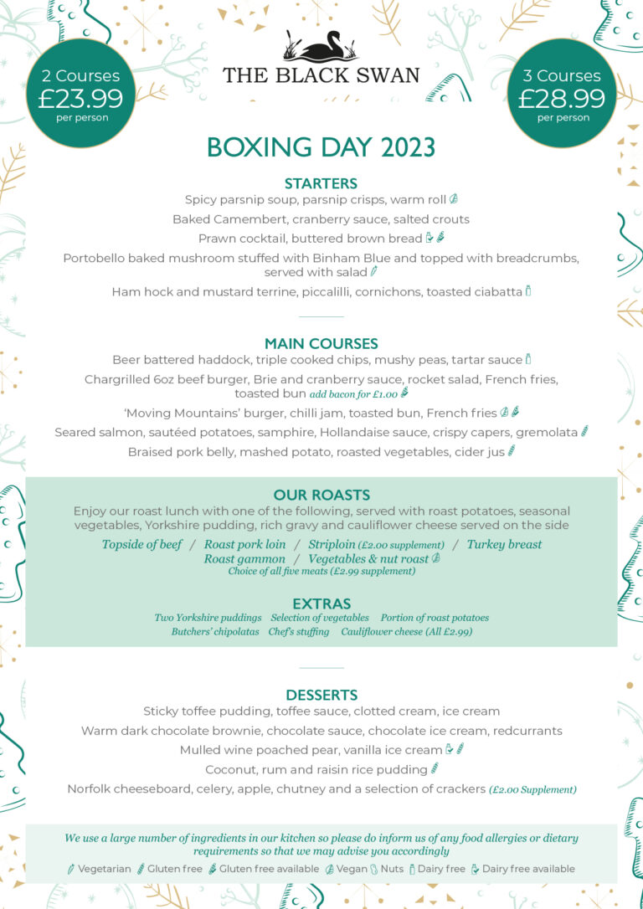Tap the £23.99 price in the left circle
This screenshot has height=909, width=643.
(80, 99)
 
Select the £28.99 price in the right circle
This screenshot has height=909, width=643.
(562, 99)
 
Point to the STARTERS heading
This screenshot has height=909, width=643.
(321, 183)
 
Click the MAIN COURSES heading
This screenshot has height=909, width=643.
(321, 343)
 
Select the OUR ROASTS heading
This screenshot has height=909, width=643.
(321, 495)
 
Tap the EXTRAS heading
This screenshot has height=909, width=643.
(321, 603)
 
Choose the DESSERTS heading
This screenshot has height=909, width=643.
(321, 695)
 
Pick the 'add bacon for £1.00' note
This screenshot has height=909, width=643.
(353, 393)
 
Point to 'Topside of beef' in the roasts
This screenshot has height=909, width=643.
(141, 544)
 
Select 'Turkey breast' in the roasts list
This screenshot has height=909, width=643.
(504, 544)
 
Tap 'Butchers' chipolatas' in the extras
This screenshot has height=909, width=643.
(215, 632)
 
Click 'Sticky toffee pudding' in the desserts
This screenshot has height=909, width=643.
(207, 711)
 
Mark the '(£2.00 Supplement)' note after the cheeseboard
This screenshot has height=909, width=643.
(533, 789)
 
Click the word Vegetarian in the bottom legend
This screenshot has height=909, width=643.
(105, 869)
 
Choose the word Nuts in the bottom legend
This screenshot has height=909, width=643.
(392, 869)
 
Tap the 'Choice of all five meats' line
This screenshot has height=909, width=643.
(321, 572)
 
